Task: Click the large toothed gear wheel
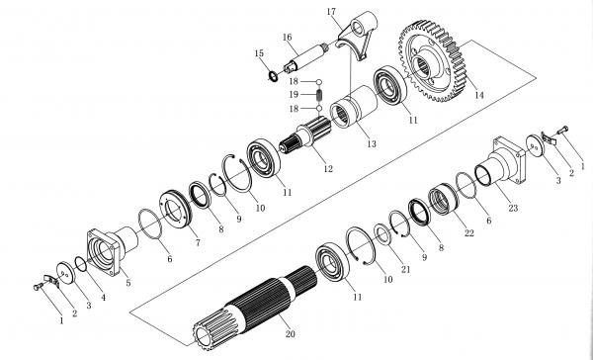coord(432,60)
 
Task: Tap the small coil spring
coord(319,95)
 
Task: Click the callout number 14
coord(479,95)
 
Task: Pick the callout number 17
coord(331,12)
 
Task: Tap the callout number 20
coord(290,334)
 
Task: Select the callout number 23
coord(513,208)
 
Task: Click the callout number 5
coord(128,283)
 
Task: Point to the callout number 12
coord(328,169)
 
